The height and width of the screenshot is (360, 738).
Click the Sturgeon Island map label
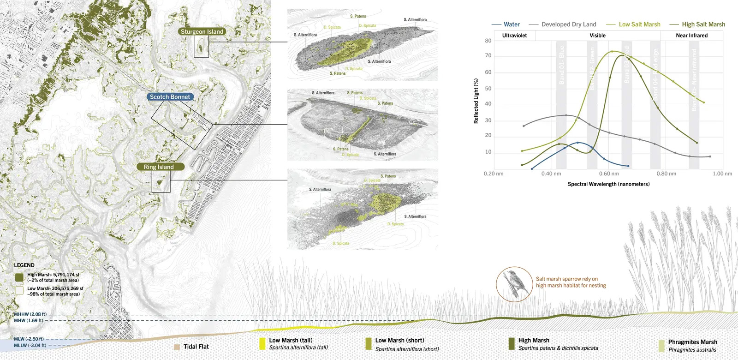click(x=202, y=32)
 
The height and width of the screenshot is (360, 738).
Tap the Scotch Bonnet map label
click(x=170, y=97)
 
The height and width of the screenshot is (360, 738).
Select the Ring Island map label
click(x=159, y=167)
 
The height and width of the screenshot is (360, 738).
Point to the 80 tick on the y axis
click(x=488, y=41)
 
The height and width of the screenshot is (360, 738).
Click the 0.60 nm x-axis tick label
click(x=608, y=174)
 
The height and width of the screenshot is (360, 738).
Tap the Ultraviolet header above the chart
click(x=514, y=36)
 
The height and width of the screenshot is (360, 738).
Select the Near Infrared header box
click(x=691, y=36)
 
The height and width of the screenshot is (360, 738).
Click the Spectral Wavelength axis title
click(x=608, y=184)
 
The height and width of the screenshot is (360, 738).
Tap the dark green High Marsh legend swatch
click(x=19, y=277)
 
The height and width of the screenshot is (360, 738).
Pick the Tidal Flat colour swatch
click(x=177, y=347)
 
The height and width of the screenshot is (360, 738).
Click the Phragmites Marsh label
click(x=692, y=342)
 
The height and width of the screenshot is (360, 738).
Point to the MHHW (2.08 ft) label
click(x=30, y=314)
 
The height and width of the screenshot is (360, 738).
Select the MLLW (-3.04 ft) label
click(x=30, y=345)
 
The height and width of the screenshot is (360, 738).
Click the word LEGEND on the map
click(x=24, y=265)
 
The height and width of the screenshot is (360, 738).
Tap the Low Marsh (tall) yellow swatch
click(x=262, y=343)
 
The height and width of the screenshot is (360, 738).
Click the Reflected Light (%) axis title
click(x=476, y=101)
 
